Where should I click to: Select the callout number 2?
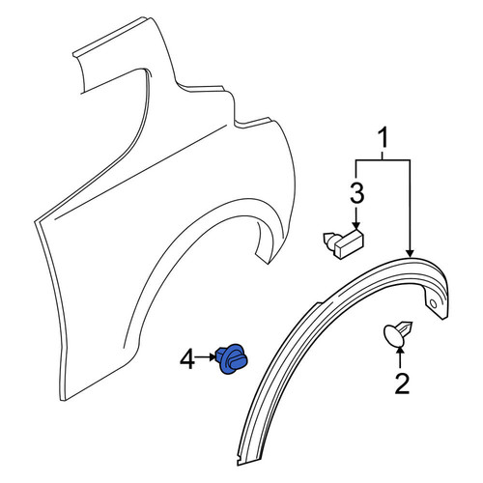(x=402, y=384)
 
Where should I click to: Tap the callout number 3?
(x=356, y=193)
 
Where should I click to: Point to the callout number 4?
(x=187, y=359)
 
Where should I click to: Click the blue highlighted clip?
(x=232, y=359)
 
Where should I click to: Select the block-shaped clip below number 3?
(x=343, y=243)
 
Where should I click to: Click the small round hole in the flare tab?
(x=434, y=303)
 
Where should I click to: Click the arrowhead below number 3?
(x=356, y=226)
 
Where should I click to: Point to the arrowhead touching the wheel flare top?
(x=410, y=253)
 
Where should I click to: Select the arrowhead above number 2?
(x=400, y=350)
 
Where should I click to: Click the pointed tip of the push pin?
(x=412, y=323)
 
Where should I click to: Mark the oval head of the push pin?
(x=391, y=336)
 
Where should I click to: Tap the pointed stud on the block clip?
(x=329, y=239)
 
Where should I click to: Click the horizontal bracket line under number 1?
(x=383, y=159)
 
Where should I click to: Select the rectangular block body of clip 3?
(x=350, y=242)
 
